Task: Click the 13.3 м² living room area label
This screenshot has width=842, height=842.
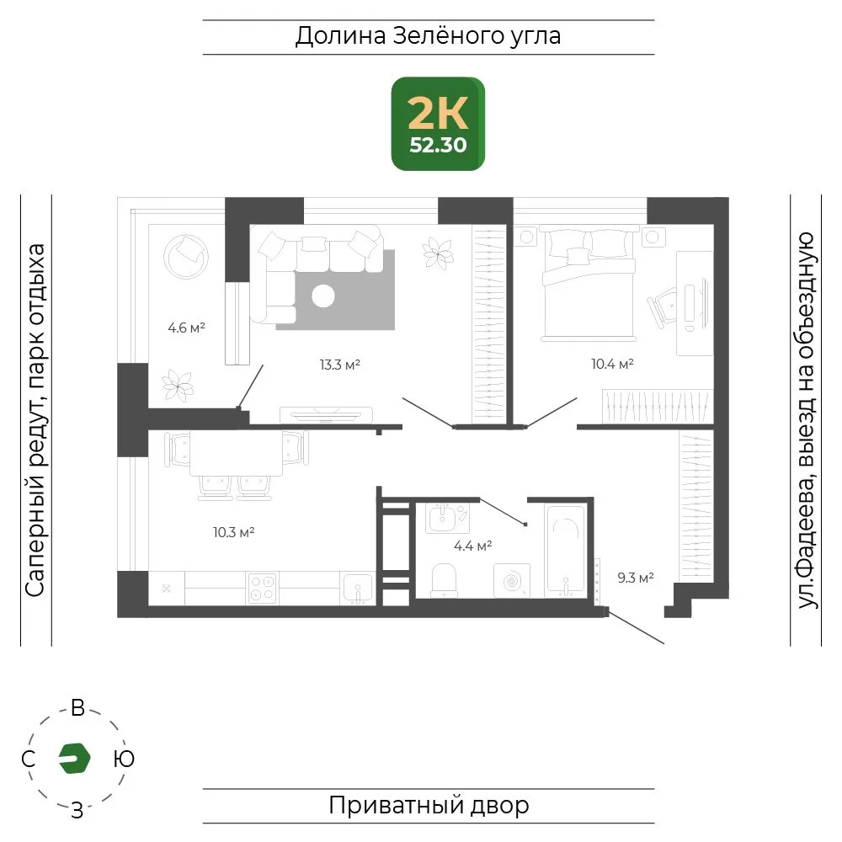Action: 339,365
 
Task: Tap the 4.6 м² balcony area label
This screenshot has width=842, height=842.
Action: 186,328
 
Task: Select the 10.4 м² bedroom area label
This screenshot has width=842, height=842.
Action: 612,364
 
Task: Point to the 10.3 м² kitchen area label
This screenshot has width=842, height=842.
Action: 233,532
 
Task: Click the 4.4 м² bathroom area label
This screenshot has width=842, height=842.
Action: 472,546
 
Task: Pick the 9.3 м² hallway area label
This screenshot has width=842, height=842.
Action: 635,578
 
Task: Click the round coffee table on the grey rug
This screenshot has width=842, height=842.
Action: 323,296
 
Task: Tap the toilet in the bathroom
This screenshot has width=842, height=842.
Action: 444,580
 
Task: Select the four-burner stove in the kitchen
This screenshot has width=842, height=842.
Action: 263,588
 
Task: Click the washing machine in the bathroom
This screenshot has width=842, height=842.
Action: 512,580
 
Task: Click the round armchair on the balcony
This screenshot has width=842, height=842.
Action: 186,257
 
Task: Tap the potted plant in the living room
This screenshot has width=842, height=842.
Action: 438,253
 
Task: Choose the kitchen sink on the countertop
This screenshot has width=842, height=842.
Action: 357,589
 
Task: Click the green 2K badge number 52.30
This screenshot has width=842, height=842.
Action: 438,145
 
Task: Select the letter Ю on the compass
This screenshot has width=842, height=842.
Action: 124,759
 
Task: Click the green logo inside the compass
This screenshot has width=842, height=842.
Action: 74,759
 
